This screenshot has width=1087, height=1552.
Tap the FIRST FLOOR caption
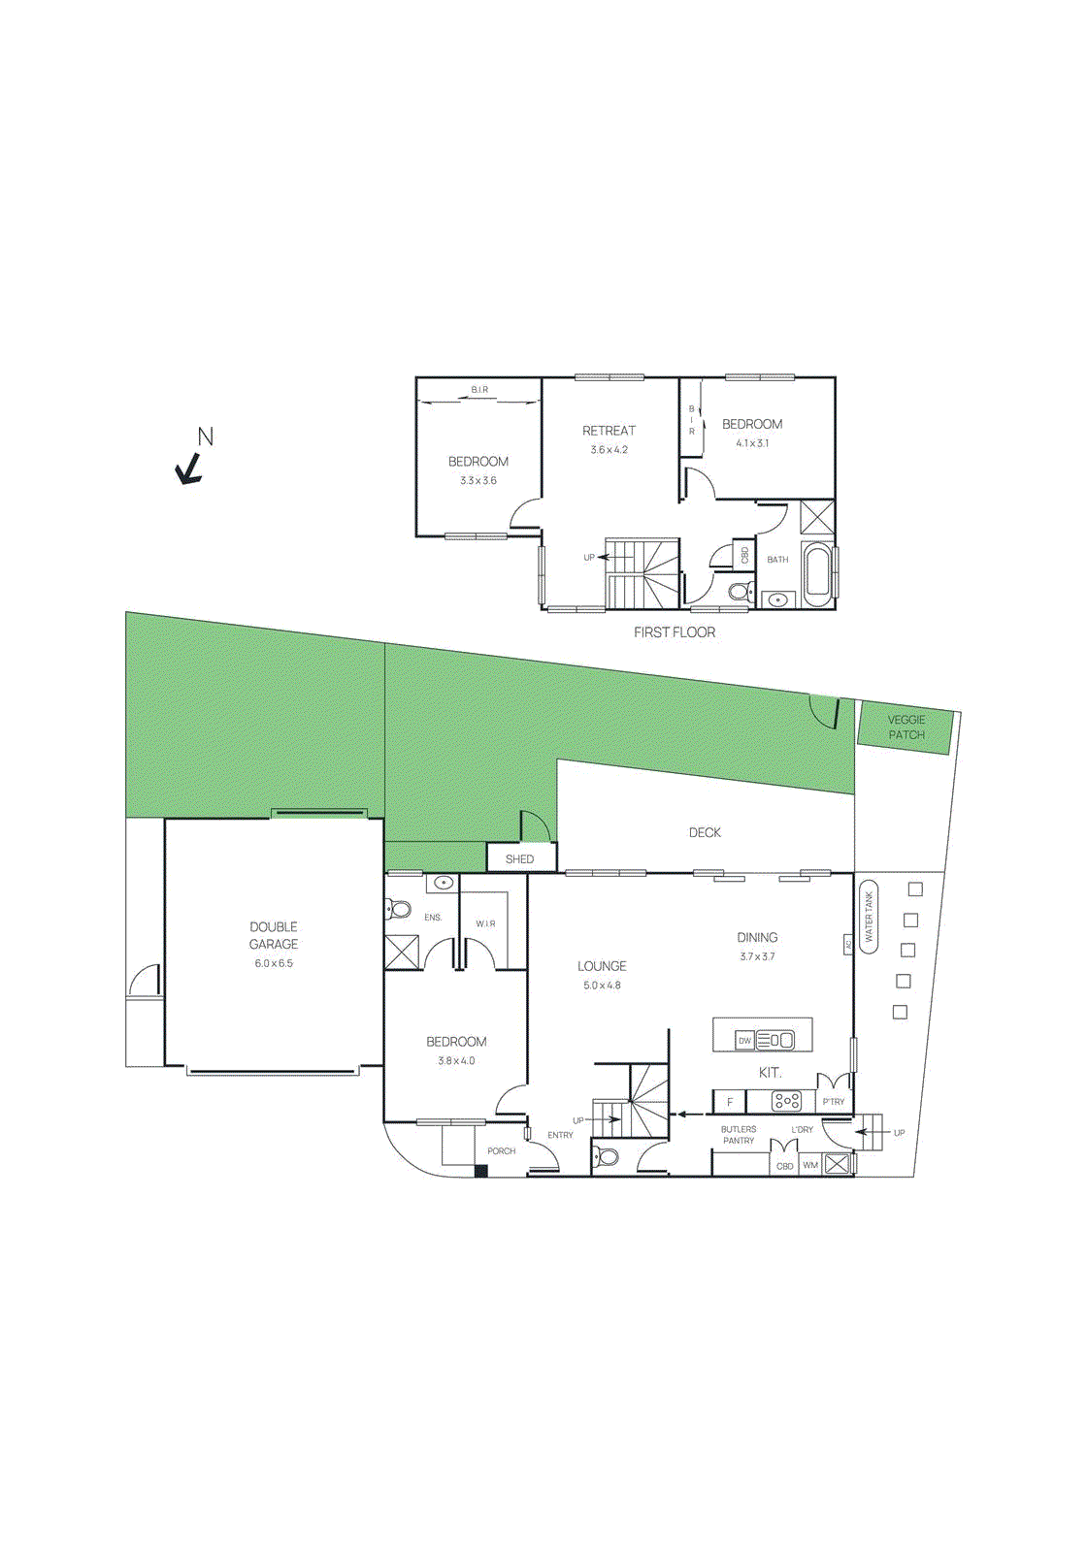click(675, 632)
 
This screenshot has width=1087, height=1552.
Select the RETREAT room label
click(609, 431)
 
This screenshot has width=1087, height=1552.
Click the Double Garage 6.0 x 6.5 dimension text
click(274, 963)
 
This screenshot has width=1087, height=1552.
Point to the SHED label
click(519, 859)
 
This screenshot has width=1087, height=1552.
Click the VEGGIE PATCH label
click(906, 727)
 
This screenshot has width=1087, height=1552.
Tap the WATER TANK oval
click(869, 917)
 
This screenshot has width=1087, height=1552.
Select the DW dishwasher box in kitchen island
click(744, 1041)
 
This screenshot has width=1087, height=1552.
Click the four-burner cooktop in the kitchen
click(786, 1101)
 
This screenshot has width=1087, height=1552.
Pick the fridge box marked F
click(730, 1102)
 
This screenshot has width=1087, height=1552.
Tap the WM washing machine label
click(810, 1165)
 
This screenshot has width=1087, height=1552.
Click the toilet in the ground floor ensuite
click(398, 909)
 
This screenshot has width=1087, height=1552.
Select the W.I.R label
click(485, 923)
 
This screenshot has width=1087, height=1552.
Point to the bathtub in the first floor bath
click(817, 573)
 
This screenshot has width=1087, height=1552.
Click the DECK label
click(705, 832)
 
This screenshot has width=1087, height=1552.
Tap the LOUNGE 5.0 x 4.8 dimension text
click(602, 986)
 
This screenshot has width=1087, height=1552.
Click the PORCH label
click(501, 1151)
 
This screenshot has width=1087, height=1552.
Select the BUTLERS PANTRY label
click(739, 1135)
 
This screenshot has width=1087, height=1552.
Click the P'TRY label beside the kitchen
click(833, 1102)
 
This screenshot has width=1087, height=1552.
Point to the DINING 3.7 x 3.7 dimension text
click(757, 956)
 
